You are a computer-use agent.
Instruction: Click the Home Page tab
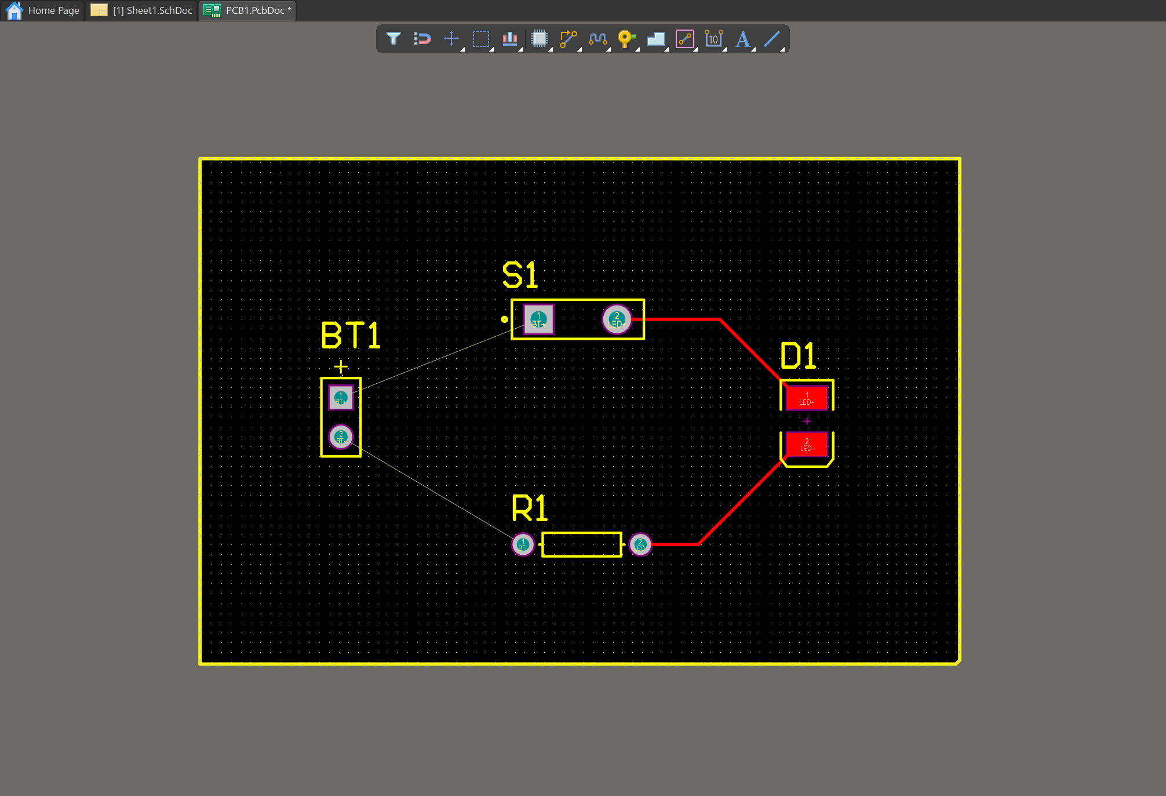pos(43,10)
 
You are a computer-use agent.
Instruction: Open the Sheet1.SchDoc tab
pos(143,10)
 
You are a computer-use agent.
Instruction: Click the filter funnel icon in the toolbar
pos(393,39)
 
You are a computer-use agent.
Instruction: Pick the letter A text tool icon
pos(742,39)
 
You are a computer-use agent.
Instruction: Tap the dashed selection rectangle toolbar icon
pos(480,39)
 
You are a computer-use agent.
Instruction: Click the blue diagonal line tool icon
pos(772,39)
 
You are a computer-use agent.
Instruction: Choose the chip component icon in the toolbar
pos(539,39)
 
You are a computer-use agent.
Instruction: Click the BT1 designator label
pos(351,336)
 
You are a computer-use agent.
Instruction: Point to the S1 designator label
pos(520,275)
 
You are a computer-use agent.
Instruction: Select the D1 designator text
pos(798,355)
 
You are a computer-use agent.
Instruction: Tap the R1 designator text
pos(529,508)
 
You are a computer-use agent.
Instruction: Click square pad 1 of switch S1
pos(538,319)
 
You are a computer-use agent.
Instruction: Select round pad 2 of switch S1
pos(617,319)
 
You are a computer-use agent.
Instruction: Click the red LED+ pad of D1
pos(807,398)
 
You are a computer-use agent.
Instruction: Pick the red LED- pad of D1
pos(807,445)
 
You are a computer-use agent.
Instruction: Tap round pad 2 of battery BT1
pos(341,437)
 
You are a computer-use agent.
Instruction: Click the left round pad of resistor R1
pos(523,544)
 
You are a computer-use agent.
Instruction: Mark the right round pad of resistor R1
pos(640,544)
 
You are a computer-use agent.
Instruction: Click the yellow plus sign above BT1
pos(341,366)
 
